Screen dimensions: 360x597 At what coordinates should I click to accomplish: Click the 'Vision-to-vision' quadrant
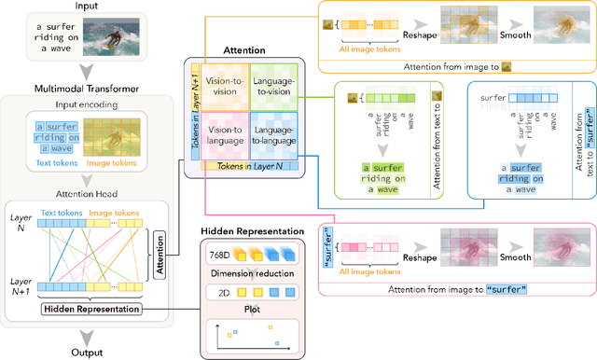pos(224,87)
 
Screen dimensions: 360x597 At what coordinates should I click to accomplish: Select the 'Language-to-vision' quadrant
pos(272,87)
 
